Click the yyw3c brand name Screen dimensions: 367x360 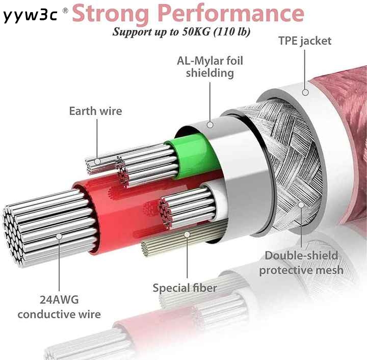(x=30, y=15)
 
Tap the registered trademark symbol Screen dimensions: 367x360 (x=66, y=11)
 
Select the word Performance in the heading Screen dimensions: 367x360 (x=231, y=13)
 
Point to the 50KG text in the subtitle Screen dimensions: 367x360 (x=196, y=32)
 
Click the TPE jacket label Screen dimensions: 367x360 (x=305, y=41)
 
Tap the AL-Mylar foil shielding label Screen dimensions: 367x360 (x=210, y=67)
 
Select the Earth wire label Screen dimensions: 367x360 (x=95, y=111)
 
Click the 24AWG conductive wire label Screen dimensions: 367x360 (x=59, y=307)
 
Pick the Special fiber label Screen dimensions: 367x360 (x=185, y=288)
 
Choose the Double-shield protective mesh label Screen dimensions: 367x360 (x=301, y=263)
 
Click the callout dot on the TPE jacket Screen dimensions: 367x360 (x=305, y=92)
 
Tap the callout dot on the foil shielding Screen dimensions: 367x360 (x=210, y=125)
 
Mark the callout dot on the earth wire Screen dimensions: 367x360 (x=97, y=161)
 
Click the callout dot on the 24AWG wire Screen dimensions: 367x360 (x=59, y=237)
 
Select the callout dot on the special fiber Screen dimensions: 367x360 (x=187, y=234)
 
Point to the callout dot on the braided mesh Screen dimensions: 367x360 (x=301, y=205)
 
